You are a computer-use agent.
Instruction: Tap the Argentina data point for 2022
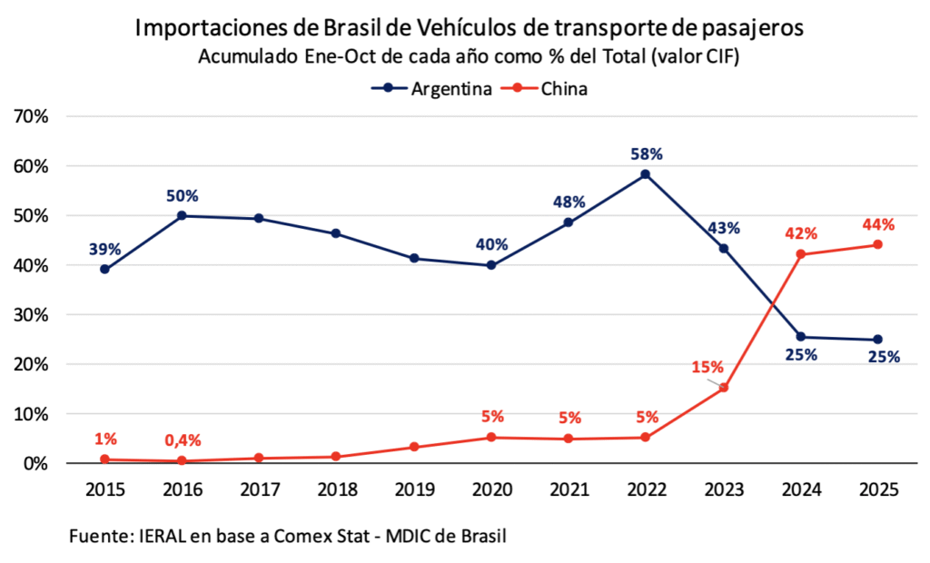[x=646, y=174]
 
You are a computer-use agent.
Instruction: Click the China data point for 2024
[x=800, y=254]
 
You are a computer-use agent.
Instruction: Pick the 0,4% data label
[x=183, y=440]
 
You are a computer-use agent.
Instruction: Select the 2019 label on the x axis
[x=414, y=489]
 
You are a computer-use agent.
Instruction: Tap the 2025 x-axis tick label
[x=877, y=489]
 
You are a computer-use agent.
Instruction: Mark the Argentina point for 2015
[x=105, y=269]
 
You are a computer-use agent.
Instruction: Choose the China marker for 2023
[x=723, y=388]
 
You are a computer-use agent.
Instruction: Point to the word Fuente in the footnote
[x=98, y=536]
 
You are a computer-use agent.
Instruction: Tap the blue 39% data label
[x=105, y=248]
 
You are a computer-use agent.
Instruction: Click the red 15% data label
[x=707, y=367]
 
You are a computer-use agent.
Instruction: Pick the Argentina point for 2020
[x=491, y=265]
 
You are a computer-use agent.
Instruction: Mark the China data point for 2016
[x=183, y=461]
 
